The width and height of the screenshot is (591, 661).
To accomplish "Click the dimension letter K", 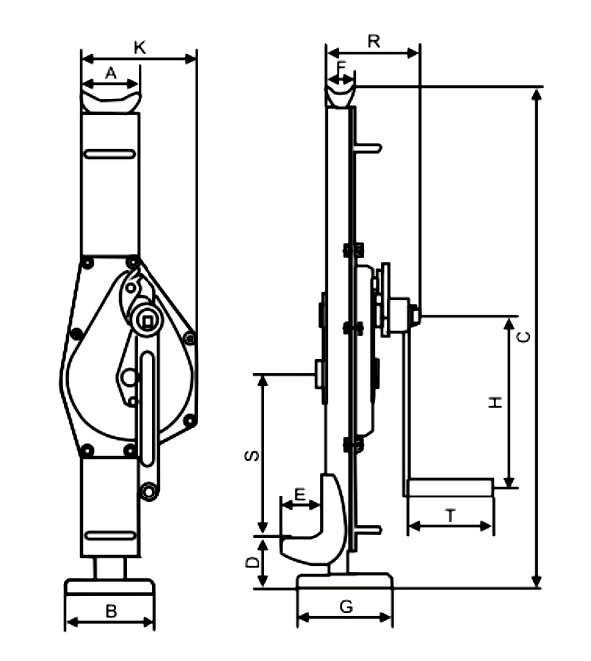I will [x=139, y=46].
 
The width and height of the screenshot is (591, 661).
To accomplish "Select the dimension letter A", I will [x=110, y=73].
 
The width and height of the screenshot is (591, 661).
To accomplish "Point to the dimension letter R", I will [x=373, y=41].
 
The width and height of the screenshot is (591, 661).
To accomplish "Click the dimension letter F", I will [x=341, y=67].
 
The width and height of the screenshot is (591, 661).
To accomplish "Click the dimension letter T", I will [x=450, y=516].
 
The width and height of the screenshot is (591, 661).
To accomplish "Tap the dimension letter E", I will [x=300, y=495].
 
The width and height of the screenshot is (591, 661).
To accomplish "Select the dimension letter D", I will [x=253, y=563].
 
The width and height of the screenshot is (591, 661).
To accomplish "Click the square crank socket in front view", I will [x=147, y=319].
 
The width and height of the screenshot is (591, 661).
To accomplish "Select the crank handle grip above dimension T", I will [x=449, y=488].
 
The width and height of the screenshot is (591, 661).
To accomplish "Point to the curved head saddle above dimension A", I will [x=110, y=100].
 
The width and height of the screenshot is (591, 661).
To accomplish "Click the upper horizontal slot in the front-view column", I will [x=110, y=153].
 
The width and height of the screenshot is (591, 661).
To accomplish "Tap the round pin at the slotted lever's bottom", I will [x=148, y=492].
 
